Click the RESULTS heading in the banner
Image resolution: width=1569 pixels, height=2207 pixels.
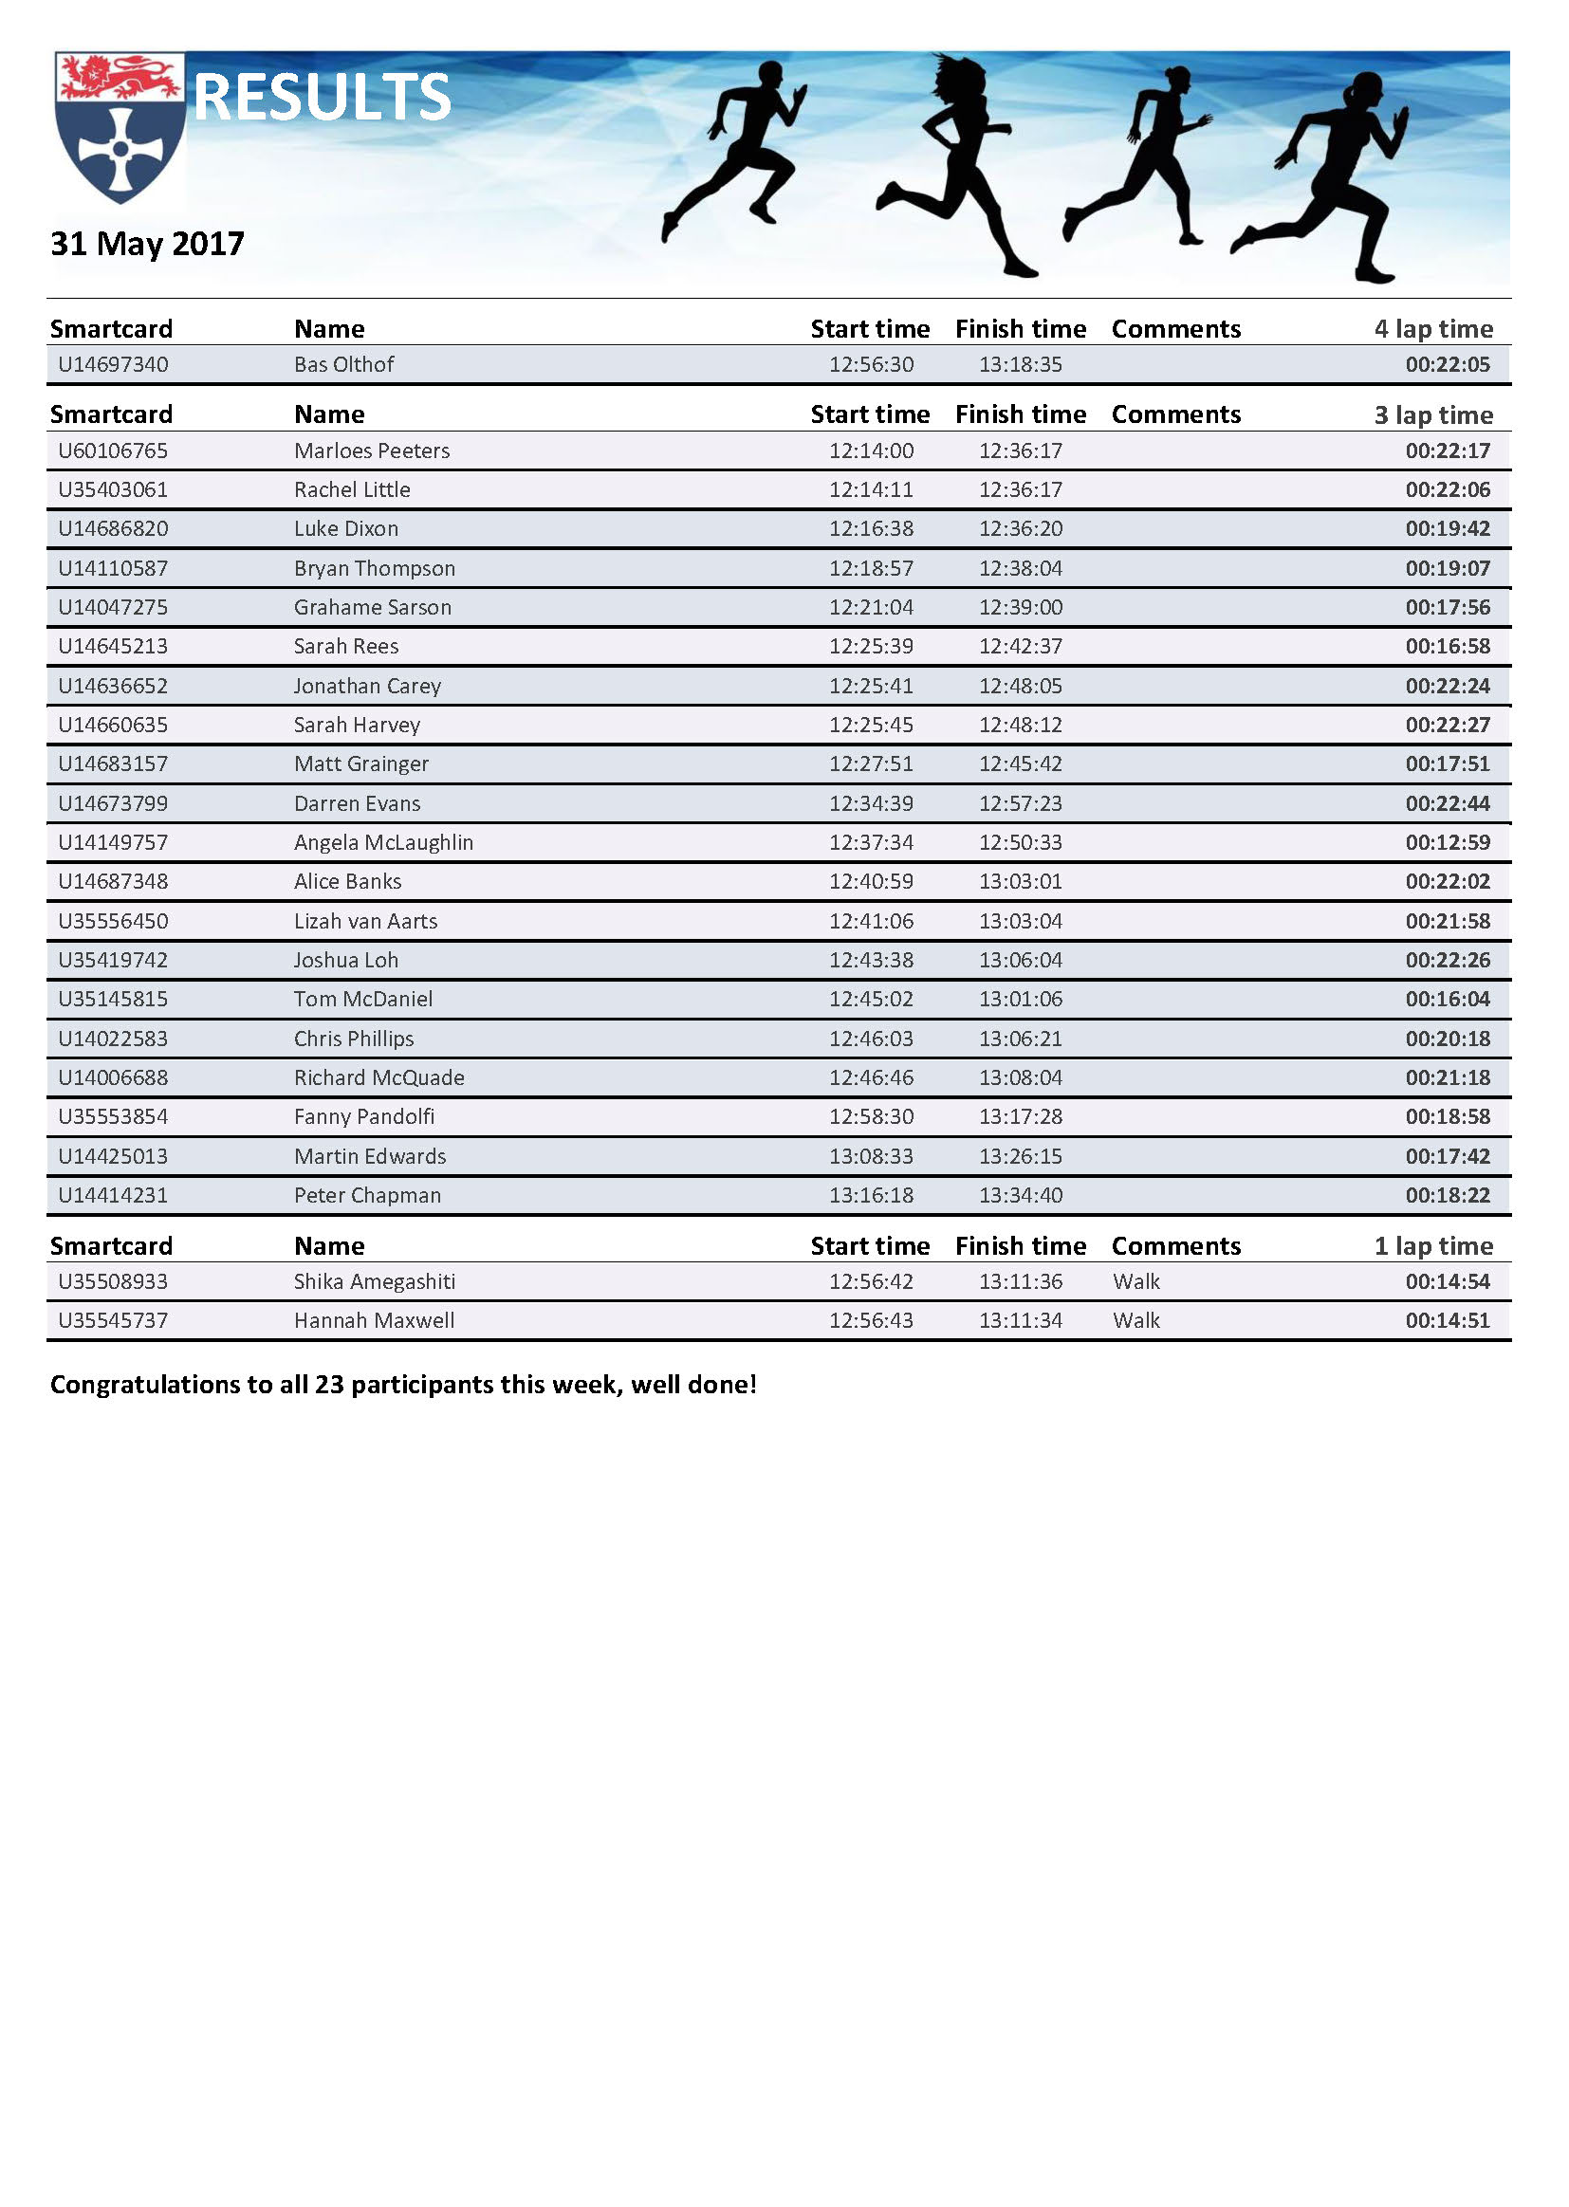tap(322, 98)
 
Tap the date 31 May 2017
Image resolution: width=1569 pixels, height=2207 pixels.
tap(147, 244)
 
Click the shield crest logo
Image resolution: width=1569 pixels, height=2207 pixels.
tap(120, 128)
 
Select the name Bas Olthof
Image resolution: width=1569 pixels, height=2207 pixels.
tap(344, 364)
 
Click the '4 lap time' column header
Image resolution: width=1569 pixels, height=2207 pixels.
tap(1432, 329)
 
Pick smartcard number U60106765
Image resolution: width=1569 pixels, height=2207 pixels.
tap(113, 451)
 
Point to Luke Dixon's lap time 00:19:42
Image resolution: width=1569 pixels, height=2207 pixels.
tap(1448, 528)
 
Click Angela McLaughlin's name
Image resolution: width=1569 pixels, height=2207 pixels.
tap(383, 842)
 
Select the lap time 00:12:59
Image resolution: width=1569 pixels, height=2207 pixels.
tap(1448, 842)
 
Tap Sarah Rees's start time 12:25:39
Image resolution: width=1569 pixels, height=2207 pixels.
tap(871, 646)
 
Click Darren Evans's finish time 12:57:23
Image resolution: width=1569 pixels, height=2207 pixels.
tap(1021, 802)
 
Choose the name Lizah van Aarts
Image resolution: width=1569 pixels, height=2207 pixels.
tap(365, 921)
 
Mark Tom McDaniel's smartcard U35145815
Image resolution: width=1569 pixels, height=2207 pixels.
tap(113, 999)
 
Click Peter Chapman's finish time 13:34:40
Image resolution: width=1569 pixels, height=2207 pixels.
tap(1021, 1195)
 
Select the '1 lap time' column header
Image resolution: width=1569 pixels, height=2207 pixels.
tap(1432, 1246)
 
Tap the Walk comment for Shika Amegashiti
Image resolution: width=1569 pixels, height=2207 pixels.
tap(1136, 1281)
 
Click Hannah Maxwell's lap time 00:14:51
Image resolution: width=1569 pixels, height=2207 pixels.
tap(1448, 1320)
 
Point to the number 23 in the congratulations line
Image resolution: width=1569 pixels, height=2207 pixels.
tap(329, 1384)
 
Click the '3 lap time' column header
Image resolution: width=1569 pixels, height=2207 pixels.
tap(1432, 414)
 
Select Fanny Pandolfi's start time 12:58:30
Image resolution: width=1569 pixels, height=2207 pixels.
tap(871, 1116)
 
